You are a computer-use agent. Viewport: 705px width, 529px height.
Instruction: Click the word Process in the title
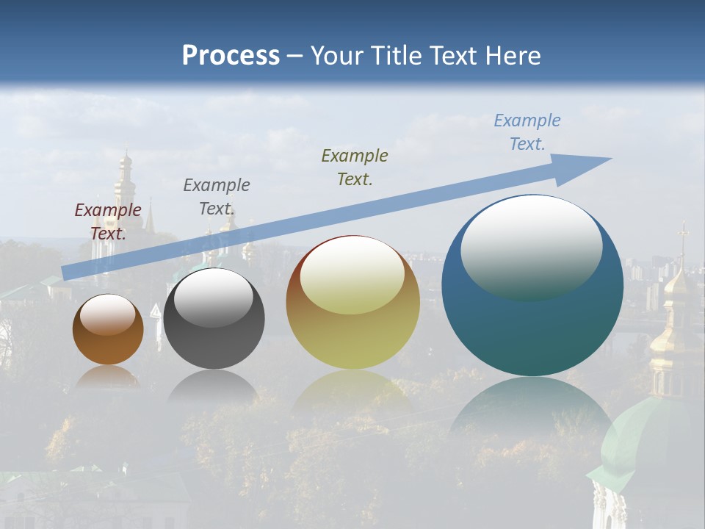click(231, 56)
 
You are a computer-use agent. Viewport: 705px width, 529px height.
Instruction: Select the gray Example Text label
click(217, 197)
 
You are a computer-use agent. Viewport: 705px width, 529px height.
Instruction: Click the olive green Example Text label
click(355, 168)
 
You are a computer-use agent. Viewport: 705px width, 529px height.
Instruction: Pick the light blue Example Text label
click(527, 132)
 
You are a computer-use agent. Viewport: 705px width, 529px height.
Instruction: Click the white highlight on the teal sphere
click(531, 246)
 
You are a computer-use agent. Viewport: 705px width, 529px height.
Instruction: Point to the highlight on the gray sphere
click(213, 298)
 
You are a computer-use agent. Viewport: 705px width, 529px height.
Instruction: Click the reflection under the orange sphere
click(108, 377)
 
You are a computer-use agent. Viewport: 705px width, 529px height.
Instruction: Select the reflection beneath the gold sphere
click(352, 389)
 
